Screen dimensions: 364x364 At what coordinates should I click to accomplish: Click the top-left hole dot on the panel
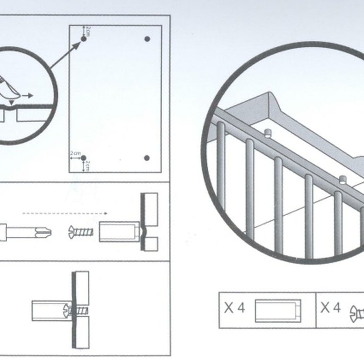pos(83,39)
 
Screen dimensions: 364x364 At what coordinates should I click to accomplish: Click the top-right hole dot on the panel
pos(147,39)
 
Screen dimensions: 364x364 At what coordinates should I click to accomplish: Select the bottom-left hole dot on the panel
pos(83,158)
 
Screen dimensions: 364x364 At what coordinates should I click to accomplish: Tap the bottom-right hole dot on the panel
pos(147,158)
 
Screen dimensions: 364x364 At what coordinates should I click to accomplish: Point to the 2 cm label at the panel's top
pos(88,31)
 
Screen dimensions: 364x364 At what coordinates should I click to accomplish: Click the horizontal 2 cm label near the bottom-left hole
pos(75,154)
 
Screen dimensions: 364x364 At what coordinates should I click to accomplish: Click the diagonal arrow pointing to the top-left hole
pos(65,55)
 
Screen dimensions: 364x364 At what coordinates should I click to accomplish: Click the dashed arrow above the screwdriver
pos(65,213)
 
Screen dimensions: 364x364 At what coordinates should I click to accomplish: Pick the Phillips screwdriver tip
pos(44,232)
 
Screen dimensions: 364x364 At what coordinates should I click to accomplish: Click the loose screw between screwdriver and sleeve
pos(81,232)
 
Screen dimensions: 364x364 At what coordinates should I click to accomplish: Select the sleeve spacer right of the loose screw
pos(119,232)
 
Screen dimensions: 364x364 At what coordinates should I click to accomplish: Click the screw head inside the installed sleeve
pos(67,311)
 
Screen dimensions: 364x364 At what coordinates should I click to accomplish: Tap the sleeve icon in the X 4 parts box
pos(278,311)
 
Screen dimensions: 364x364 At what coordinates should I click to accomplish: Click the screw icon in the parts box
pos(357,314)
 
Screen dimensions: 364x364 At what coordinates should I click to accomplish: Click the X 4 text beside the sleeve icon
pos(235,308)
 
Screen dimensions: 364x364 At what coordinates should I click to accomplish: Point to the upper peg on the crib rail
pos(268,133)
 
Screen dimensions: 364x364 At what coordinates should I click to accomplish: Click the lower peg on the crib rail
pos(343,180)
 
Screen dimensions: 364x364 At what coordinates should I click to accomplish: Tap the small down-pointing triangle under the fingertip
pos(11,102)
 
